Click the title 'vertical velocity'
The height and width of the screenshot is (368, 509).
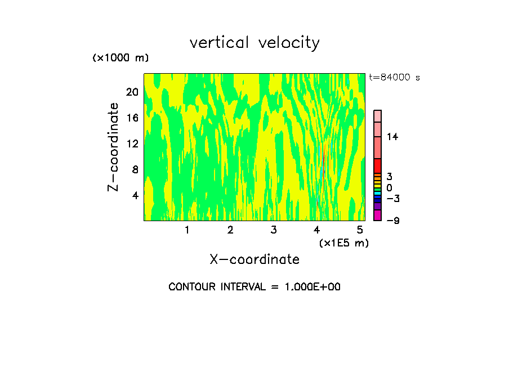[x=254, y=43]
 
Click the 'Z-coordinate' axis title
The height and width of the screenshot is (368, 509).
[x=114, y=147]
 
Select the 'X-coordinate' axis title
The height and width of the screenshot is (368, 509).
[x=254, y=259]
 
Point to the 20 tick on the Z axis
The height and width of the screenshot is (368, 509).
[x=132, y=92]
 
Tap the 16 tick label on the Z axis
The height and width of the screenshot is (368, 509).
[x=132, y=118]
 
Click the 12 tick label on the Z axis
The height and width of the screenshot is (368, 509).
[x=132, y=143]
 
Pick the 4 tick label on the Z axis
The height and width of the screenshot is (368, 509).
[x=135, y=195]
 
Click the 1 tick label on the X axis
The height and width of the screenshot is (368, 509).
[x=187, y=230]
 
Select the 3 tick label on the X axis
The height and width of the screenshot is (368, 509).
[x=274, y=230]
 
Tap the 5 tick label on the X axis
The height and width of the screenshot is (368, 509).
[x=360, y=230]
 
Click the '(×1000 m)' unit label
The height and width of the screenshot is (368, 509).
[x=120, y=58]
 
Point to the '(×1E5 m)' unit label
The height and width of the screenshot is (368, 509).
[x=343, y=243]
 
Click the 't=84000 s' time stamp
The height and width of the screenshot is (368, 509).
[x=394, y=78]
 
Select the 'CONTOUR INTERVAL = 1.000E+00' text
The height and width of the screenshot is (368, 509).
[x=254, y=287]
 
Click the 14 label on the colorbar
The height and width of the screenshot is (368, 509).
[x=392, y=137]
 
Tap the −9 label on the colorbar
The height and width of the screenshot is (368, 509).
[x=392, y=221]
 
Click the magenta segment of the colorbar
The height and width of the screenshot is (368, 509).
[x=378, y=215]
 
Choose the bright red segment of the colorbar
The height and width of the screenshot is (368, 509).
[x=378, y=166]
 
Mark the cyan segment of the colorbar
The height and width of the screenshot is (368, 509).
[x=378, y=193]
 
